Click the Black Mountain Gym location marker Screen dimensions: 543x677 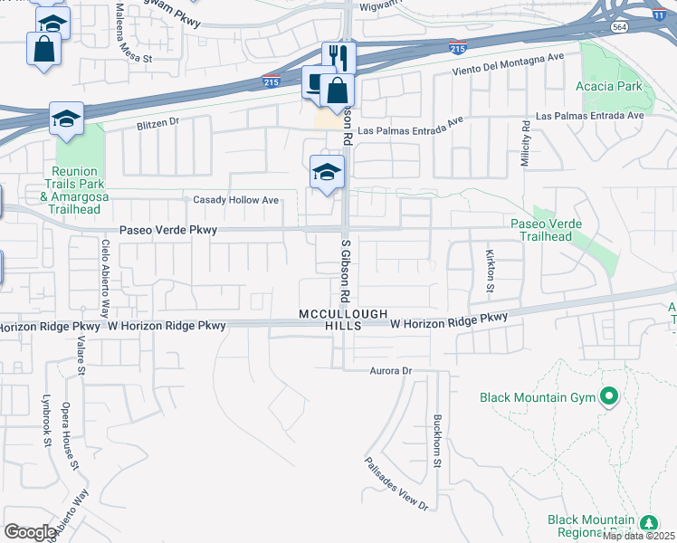point(609,395)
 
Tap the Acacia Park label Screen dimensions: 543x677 point(608,87)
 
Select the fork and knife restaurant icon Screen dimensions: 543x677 point(339,57)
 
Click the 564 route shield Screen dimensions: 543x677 point(618,27)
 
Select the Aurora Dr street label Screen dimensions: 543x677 point(391,371)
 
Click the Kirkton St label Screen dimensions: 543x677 point(490,271)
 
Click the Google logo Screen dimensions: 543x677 point(30,532)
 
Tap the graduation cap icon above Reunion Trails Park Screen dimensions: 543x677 point(66,119)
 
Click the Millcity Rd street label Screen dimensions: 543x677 point(524,144)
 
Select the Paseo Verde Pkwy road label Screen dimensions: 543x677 point(168,231)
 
